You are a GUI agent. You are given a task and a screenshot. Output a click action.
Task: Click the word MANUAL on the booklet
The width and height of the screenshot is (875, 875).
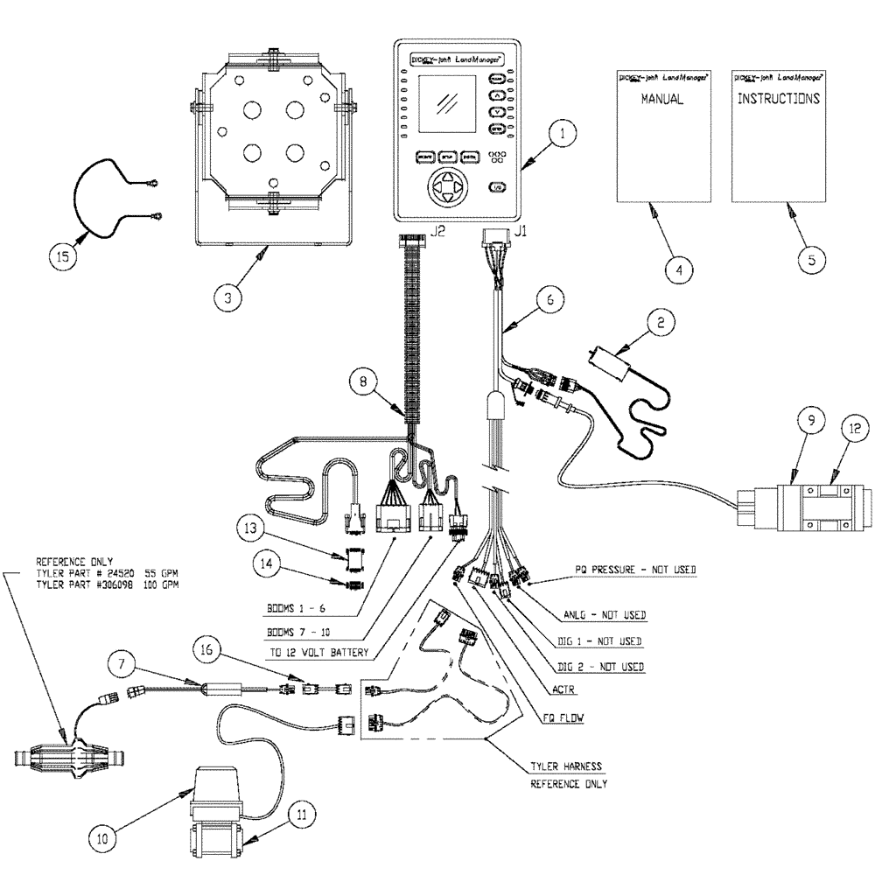(661, 101)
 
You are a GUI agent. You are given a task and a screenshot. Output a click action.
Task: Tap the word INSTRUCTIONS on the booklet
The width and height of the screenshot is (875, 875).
(778, 99)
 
